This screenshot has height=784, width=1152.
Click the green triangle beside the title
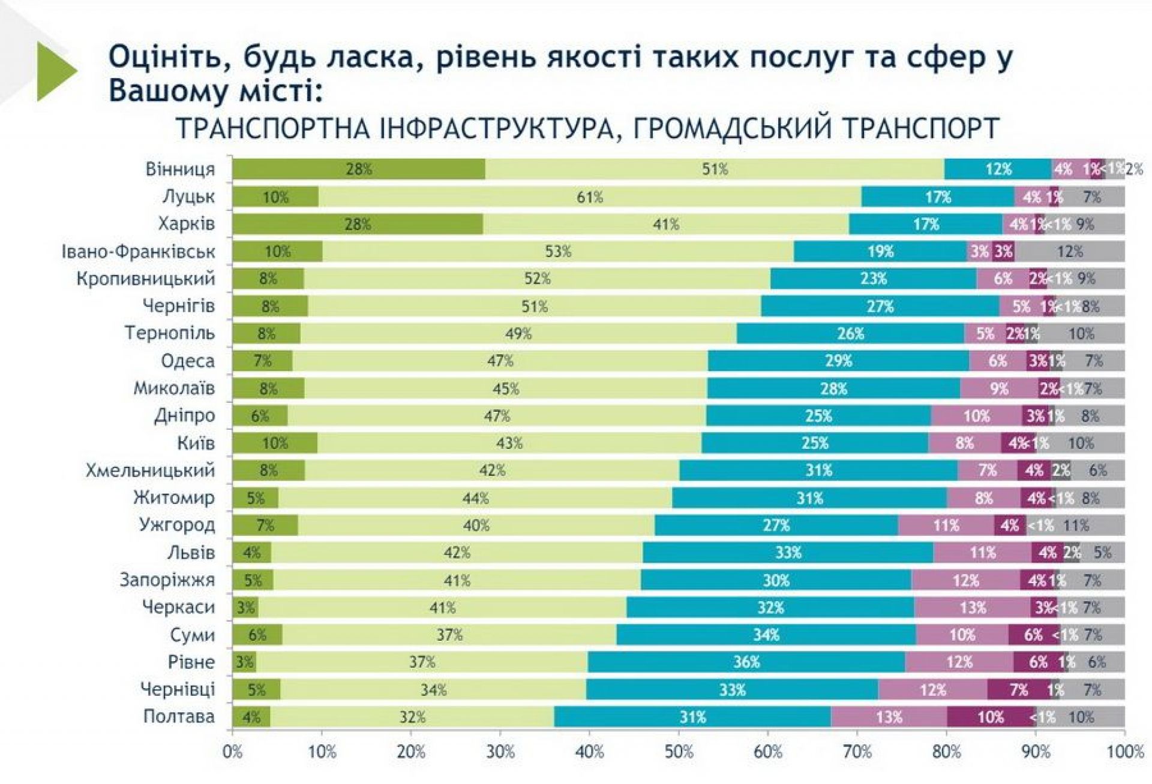56,71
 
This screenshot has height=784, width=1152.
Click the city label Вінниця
180,169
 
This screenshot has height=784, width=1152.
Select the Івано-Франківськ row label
138,251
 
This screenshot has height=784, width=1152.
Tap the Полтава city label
179,716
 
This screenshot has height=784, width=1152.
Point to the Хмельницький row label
150,470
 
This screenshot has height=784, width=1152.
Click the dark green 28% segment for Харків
358,224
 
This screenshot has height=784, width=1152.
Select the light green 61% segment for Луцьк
590,197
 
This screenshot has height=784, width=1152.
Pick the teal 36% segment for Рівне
746,662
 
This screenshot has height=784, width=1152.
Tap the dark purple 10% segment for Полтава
991,717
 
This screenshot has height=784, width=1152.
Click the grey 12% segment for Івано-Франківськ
1070,251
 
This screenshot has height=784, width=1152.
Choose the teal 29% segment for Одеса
838,361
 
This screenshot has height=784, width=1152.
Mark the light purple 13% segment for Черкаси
973,607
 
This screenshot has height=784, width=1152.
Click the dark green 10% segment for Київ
275,443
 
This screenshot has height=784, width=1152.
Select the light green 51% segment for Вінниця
715,169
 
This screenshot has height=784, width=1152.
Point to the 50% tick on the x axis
679,752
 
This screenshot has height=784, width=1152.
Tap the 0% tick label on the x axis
233,752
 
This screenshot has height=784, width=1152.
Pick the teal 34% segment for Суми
766,634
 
